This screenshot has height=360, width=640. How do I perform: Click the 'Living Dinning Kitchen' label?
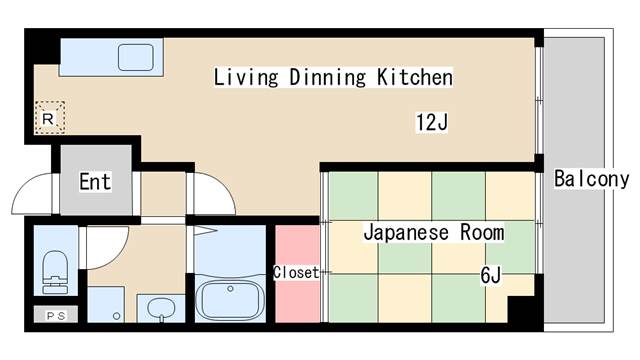[x=333, y=77]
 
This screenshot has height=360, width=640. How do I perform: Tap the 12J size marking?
[x=431, y=123]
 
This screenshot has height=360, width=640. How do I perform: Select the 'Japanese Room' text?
[x=433, y=232]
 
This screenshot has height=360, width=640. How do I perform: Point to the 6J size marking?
[x=490, y=273]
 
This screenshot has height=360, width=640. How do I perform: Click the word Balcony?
[x=591, y=180]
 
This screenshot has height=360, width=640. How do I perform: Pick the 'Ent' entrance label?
[x=95, y=182]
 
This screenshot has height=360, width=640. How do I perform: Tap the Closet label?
[x=296, y=272]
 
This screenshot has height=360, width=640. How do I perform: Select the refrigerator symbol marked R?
[x=49, y=118]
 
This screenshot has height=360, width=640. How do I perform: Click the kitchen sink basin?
[x=135, y=57]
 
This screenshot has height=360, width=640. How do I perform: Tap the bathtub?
[x=230, y=298]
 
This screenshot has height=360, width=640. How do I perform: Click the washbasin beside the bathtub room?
[x=159, y=309]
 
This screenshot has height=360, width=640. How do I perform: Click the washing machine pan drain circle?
[x=117, y=316]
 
